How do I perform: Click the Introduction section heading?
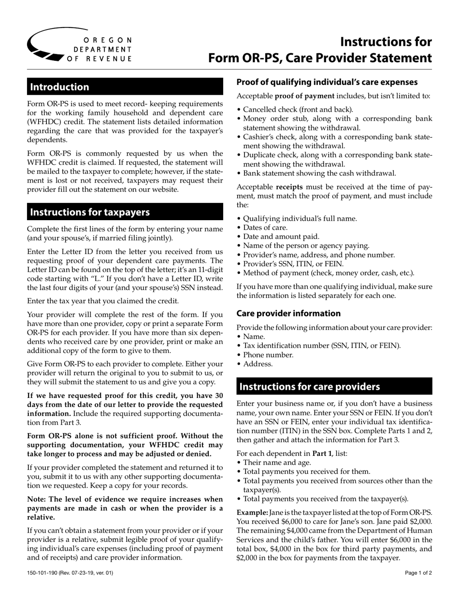click(x=60, y=87)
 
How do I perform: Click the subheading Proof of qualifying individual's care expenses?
click(x=327, y=82)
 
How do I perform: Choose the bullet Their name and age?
click(x=277, y=462)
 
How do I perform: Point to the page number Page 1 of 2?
click(x=418, y=573)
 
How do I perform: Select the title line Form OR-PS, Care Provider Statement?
click(x=320, y=58)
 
